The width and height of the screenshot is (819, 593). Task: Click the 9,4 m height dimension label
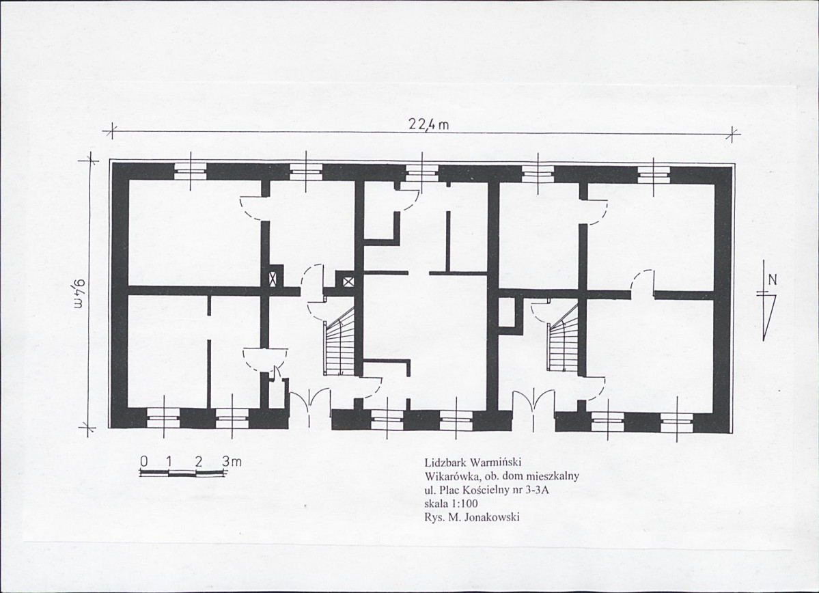tap(80, 294)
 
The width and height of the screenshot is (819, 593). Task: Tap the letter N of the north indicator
tap(773, 279)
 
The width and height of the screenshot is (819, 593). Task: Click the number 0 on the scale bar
tap(144, 461)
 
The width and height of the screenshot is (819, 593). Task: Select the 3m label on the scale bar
tap(232, 461)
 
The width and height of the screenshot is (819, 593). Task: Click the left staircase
tap(341, 341)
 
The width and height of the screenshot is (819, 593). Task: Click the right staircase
tap(563, 337)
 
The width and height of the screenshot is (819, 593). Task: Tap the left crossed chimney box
tap(273, 278)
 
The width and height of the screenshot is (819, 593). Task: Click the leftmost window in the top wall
tap(190, 171)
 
